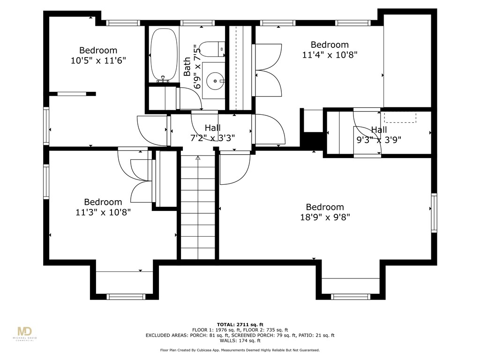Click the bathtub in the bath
(x=164, y=55)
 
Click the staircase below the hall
(x=198, y=209)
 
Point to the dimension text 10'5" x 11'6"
(x=98, y=60)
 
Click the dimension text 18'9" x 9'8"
(x=325, y=217)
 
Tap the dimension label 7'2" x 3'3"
(x=212, y=138)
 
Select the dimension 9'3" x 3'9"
(x=379, y=139)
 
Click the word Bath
(x=187, y=67)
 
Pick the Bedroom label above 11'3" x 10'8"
(x=103, y=202)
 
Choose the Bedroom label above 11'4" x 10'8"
(x=330, y=45)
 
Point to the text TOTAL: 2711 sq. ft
(x=240, y=324)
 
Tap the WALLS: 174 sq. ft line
(x=240, y=341)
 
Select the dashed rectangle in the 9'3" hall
(x=400, y=117)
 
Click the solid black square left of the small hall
(x=312, y=140)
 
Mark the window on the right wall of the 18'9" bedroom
(x=434, y=213)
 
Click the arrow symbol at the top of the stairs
(x=198, y=158)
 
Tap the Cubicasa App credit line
(x=240, y=350)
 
